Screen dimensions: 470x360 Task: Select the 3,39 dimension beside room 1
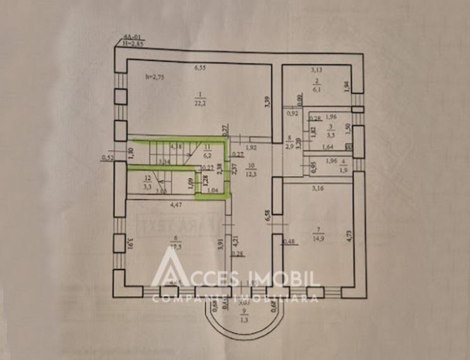[x=268, y=101]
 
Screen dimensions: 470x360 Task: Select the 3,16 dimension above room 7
[x=318, y=186]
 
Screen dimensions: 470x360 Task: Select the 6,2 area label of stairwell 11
[x=206, y=153]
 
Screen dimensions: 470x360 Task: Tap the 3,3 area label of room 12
[x=147, y=188]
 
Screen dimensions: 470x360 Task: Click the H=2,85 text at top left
[x=134, y=46]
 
